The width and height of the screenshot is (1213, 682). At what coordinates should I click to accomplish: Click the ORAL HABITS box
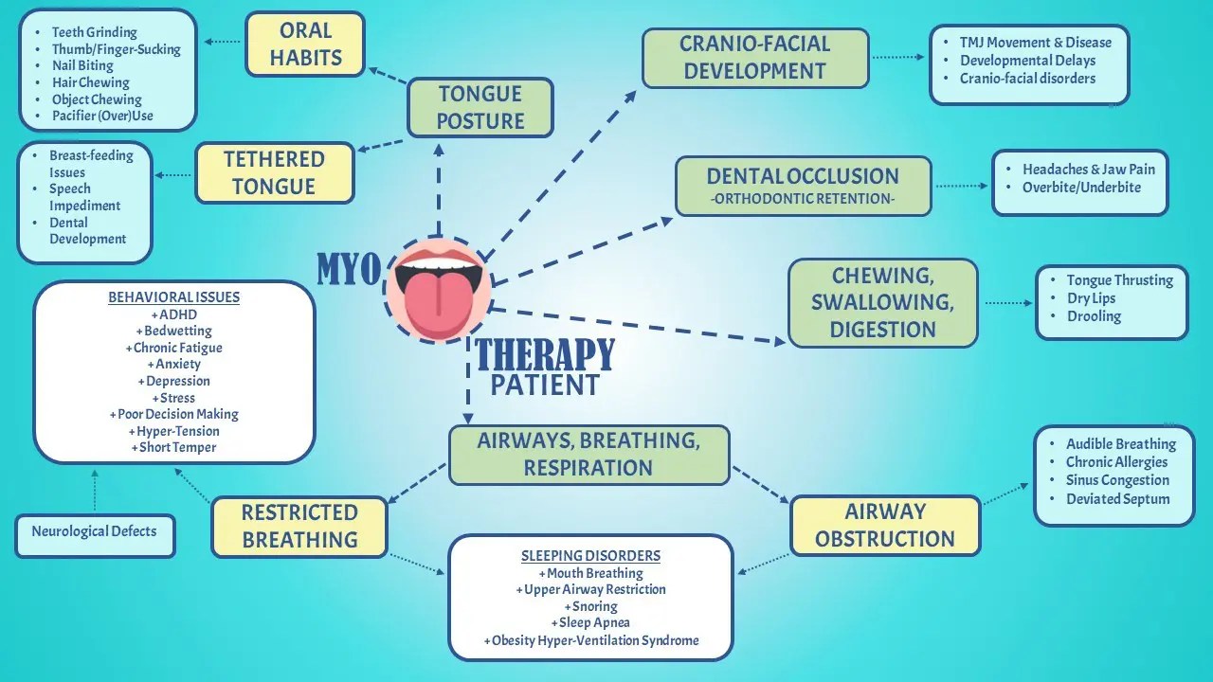[304, 44]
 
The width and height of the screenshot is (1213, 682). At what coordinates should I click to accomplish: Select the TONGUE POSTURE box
[480, 107]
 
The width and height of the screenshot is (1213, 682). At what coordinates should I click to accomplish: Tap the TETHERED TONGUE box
[274, 172]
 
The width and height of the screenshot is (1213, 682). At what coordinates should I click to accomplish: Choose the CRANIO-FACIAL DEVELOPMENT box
[755, 58]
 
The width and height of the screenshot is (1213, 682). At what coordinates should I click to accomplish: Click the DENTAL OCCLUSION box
[803, 186]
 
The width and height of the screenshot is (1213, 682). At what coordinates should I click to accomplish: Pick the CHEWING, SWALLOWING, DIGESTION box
[882, 302]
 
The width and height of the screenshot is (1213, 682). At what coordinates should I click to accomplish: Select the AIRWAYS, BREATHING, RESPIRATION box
[588, 454]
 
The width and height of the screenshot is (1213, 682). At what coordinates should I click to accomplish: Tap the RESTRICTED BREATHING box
[299, 526]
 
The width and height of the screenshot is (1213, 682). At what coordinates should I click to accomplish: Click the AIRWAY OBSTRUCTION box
[884, 525]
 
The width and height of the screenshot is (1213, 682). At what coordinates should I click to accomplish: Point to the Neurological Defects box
[94, 531]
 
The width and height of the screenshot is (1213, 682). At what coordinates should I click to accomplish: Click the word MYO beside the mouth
[348, 269]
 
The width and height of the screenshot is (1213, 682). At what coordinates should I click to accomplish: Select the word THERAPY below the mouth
[545, 354]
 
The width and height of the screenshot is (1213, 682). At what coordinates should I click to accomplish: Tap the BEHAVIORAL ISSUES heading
[173, 297]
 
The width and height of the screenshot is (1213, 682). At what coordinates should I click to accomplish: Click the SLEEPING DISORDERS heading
[590, 556]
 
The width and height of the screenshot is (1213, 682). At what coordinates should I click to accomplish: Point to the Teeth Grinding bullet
[94, 32]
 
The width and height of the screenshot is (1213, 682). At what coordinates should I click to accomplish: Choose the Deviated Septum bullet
[1117, 499]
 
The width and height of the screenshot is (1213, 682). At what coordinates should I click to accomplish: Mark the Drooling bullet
[1094, 316]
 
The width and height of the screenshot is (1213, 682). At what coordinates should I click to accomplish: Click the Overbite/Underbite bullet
[1081, 188]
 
